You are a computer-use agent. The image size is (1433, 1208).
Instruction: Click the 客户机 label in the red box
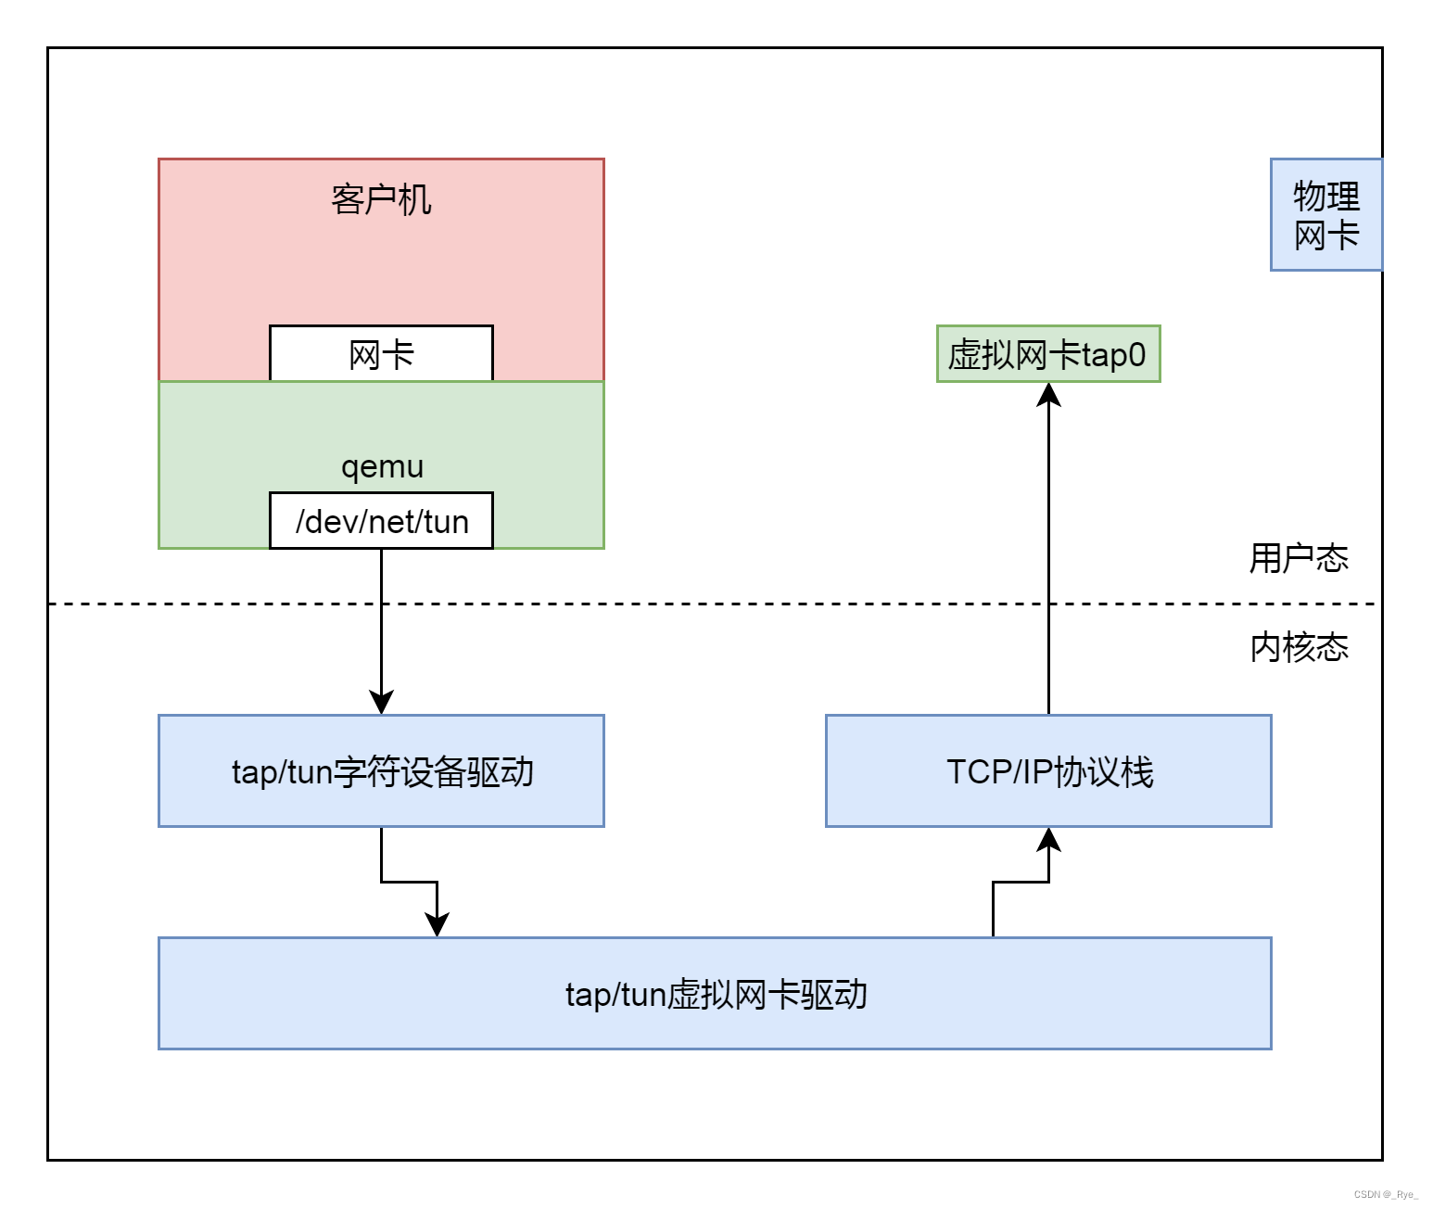381,199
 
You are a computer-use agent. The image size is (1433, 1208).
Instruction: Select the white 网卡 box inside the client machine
381,354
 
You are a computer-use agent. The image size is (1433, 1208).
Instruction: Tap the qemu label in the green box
382,466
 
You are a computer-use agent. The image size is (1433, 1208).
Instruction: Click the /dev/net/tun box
381,521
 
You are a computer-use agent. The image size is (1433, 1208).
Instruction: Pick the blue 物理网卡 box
1325,215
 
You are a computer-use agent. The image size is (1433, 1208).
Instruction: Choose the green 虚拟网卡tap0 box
1047,354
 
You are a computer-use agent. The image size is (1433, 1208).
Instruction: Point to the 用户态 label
1298,558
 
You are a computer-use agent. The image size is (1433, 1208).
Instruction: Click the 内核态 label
1298,647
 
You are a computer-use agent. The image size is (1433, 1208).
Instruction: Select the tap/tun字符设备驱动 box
381,771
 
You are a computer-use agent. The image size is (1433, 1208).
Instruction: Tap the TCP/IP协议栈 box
1048,771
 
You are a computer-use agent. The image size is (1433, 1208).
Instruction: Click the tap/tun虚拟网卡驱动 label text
716,994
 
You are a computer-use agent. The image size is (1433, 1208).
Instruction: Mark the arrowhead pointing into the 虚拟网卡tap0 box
1048,395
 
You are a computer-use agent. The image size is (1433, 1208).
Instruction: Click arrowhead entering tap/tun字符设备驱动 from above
381,702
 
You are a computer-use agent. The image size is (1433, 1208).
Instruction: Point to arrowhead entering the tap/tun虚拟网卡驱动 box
437,924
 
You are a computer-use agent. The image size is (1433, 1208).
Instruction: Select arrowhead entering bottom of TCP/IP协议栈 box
1048,840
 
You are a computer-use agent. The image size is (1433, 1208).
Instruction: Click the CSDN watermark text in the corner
1385,1194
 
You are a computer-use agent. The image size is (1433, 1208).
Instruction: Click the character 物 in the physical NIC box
1309,197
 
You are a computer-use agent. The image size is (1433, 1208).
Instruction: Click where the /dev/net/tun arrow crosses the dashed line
381,604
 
